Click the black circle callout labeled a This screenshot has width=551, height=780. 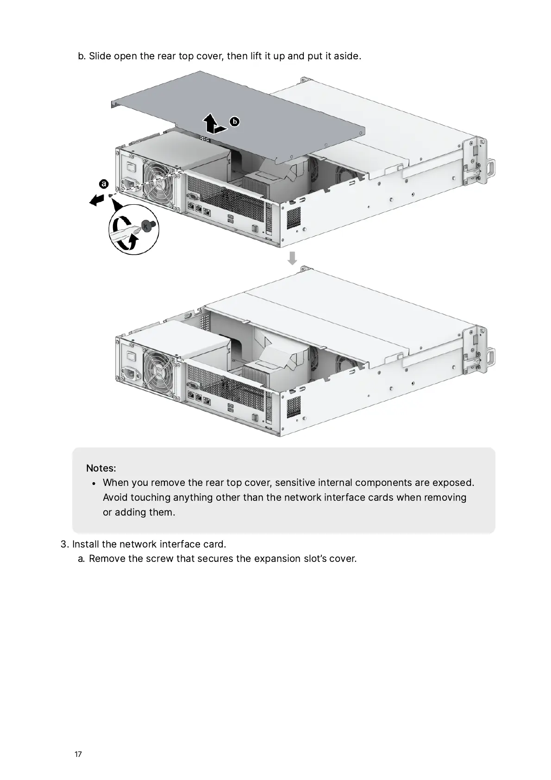[x=104, y=184]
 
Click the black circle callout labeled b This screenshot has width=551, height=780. [x=235, y=122]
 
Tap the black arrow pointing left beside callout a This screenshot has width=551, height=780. [x=96, y=200]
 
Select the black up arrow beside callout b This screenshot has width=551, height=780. [x=210, y=122]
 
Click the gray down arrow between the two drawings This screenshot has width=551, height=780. [x=292, y=258]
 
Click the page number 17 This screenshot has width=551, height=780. [x=78, y=754]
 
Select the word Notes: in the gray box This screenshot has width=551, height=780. [x=101, y=468]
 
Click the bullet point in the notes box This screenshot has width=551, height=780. [x=94, y=483]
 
